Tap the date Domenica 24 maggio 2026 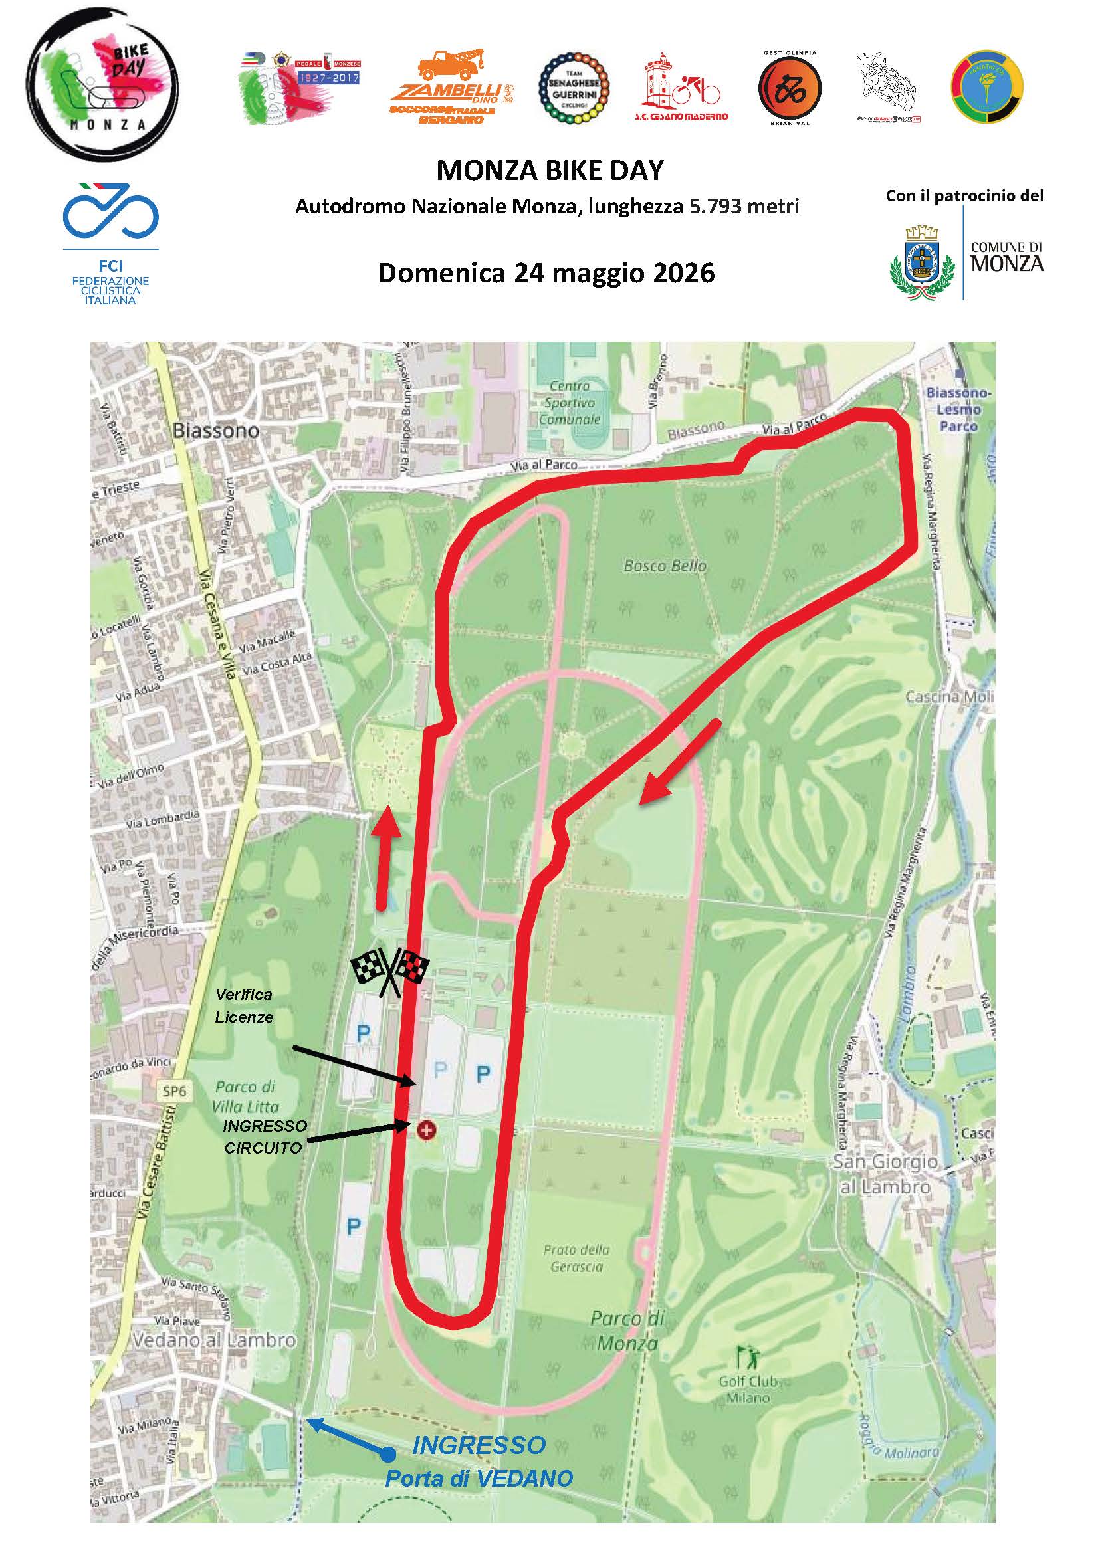pyautogui.click(x=546, y=272)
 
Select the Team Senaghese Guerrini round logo pyautogui.click(x=572, y=89)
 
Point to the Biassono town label pyautogui.click(x=215, y=430)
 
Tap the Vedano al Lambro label pyautogui.click(x=215, y=1340)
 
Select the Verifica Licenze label pyautogui.click(x=244, y=1005)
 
